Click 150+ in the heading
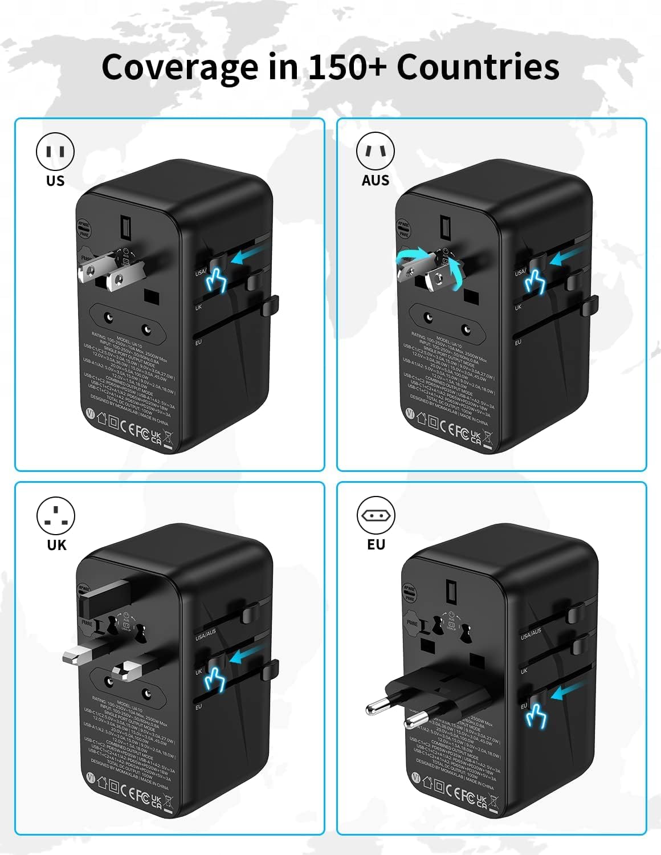point(347,67)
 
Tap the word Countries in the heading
point(478,67)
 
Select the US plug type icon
point(55,152)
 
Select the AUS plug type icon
point(376,152)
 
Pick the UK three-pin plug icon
point(56,515)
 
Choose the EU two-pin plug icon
point(376,515)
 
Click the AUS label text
point(376,181)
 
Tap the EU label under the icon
point(376,544)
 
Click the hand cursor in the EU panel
point(536,715)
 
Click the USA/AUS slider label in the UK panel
point(205,634)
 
